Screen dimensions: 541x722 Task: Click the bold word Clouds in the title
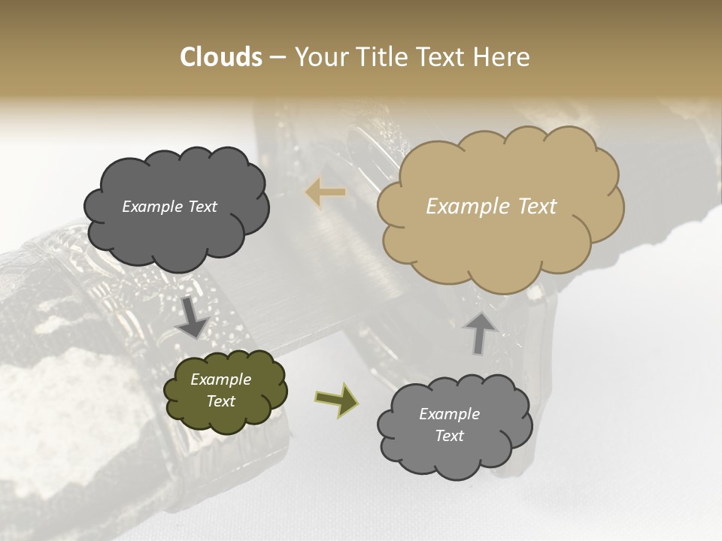coord(221,57)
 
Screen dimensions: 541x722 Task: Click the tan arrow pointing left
coord(326,193)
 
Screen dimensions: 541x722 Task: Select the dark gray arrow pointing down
coord(193,318)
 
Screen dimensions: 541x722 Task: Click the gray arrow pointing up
coord(480,332)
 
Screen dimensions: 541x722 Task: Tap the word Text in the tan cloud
coord(537,207)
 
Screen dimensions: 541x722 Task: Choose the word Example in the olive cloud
coord(220,379)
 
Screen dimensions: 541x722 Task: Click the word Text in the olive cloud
coord(220,401)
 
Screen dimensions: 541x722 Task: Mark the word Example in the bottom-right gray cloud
coord(449,414)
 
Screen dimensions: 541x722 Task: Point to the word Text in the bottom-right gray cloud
coord(449,436)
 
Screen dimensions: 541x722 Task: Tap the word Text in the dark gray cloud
coord(203,207)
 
